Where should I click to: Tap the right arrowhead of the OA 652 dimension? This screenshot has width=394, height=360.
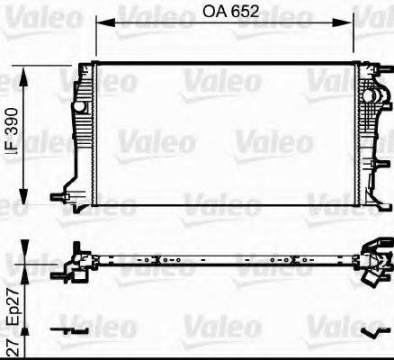[359, 24]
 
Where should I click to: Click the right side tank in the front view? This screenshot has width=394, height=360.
[370, 126]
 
